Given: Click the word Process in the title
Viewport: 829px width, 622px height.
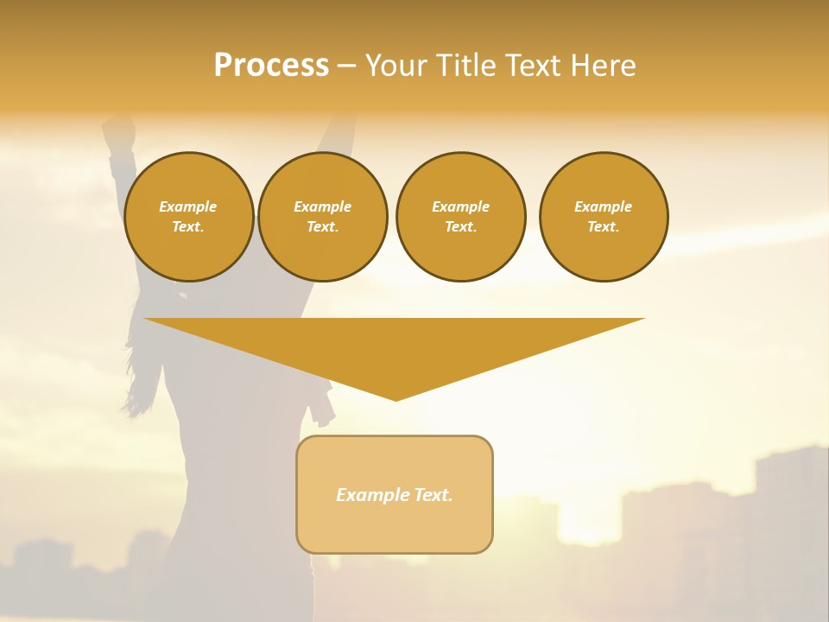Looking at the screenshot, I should pos(271,66).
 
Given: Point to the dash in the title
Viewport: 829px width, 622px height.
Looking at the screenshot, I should pos(346,67).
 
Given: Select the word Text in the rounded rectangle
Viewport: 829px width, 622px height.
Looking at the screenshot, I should pos(433,495).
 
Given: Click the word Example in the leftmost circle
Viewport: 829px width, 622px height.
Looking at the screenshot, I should pos(188,206).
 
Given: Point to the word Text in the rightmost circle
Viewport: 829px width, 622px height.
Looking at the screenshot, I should pos(603,226).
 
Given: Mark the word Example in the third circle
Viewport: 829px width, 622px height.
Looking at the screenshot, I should pos(460,206).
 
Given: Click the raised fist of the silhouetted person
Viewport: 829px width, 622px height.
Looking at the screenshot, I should pos(117,131).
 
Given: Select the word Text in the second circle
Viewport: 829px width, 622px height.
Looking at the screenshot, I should pos(322,226).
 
